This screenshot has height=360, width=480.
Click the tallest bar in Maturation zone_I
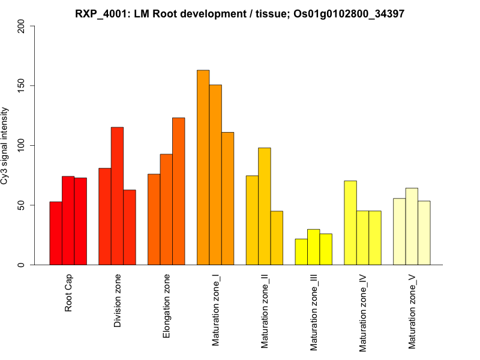[203, 167]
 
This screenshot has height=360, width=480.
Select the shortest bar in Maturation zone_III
[301, 252]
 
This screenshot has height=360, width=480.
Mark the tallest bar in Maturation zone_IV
[350, 223]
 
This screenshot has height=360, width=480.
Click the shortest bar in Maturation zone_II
[277, 238]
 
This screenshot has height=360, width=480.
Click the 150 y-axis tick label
[22, 86]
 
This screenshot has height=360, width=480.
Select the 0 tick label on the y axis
[22, 265]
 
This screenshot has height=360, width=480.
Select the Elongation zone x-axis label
[166, 306]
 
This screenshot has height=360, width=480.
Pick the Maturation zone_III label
[313, 312]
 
